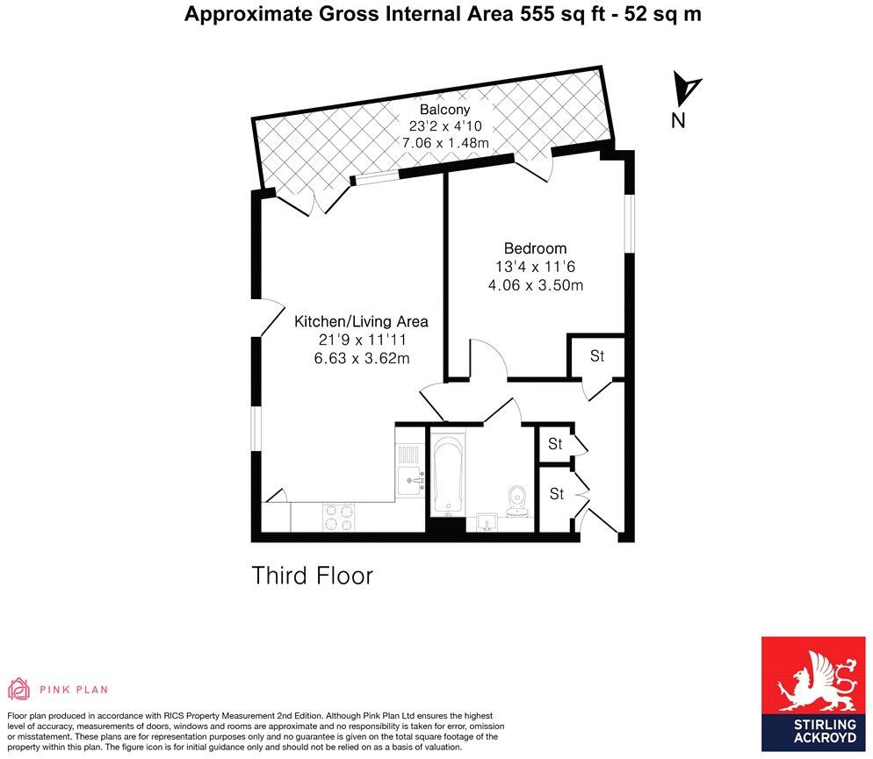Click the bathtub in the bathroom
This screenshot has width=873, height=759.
pyautogui.click(x=447, y=474)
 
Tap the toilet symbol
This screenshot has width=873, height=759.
pyautogui.click(x=516, y=498)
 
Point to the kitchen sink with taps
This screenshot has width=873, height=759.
pyautogui.click(x=411, y=478)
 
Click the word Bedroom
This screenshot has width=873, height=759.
pyautogui.click(x=535, y=248)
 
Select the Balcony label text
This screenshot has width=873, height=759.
pyautogui.click(x=444, y=110)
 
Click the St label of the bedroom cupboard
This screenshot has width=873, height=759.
pyautogui.click(x=597, y=356)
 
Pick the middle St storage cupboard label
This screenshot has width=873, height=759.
pyautogui.click(x=555, y=444)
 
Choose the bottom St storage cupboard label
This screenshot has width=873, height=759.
pyautogui.click(x=556, y=495)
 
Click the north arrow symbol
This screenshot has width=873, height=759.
pyautogui.click(x=686, y=88)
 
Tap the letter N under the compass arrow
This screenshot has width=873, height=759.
pyautogui.click(x=678, y=121)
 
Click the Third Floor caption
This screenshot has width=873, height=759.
pyautogui.click(x=313, y=576)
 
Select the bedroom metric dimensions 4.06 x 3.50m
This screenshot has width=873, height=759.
pyautogui.click(x=535, y=285)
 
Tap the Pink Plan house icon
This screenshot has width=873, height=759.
pyautogui.click(x=18, y=689)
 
